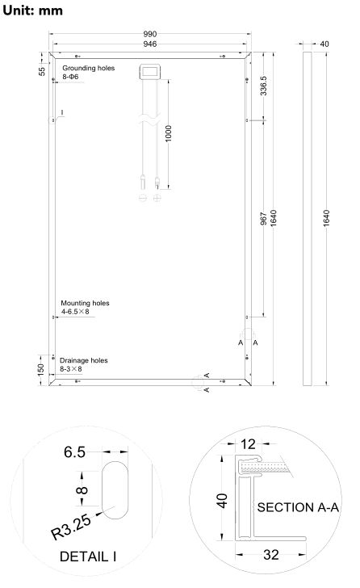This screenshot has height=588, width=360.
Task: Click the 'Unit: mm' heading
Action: click(x=32, y=10)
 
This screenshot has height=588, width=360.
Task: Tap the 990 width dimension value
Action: click(x=150, y=34)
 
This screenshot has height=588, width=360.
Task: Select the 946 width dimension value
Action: click(x=150, y=44)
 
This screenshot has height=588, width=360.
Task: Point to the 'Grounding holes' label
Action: click(x=89, y=68)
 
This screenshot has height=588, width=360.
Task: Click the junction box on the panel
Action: click(x=150, y=72)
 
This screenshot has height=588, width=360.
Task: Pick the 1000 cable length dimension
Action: click(x=168, y=133)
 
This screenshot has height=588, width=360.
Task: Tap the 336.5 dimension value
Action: click(x=263, y=86)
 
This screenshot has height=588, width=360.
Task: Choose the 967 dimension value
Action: click(x=263, y=219)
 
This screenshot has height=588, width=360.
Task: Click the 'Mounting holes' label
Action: click(x=85, y=303)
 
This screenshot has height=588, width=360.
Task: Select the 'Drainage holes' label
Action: click(x=83, y=360)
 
